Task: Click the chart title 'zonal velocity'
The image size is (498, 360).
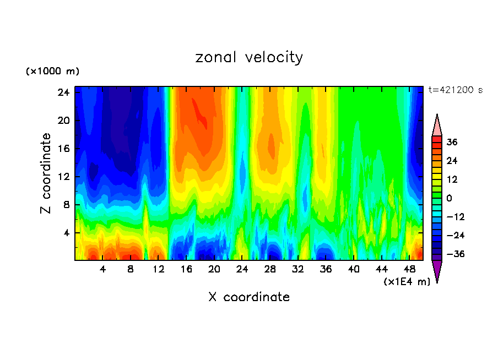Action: pyautogui.click(x=249, y=57)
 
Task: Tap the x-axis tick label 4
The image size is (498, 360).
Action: pyautogui.click(x=103, y=270)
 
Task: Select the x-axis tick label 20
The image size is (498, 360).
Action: pyautogui.click(x=214, y=270)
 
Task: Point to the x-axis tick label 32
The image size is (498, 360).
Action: pyautogui.click(x=298, y=270)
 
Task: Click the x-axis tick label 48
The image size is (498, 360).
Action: pyautogui.click(x=409, y=270)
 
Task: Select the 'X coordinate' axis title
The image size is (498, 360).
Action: pyautogui.click(x=249, y=297)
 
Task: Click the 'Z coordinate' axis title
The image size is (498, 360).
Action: pyautogui.click(x=47, y=173)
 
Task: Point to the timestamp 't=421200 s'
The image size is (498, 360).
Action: pyautogui.click(x=455, y=90)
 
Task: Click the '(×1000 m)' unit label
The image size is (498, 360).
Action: pyautogui.click(x=52, y=72)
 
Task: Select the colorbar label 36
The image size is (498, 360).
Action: pyautogui.click(x=452, y=142)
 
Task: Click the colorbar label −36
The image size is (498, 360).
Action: pyautogui.click(x=452, y=254)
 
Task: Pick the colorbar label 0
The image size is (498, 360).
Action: pyautogui.click(x=450, y=198)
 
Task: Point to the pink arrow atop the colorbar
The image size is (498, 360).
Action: pyautogui.click(x=437, y=125)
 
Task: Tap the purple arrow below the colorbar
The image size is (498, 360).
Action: pyautogui.click(x=437, y=271)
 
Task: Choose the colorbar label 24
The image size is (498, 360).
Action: pyautogui.click(x=452, y=161)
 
